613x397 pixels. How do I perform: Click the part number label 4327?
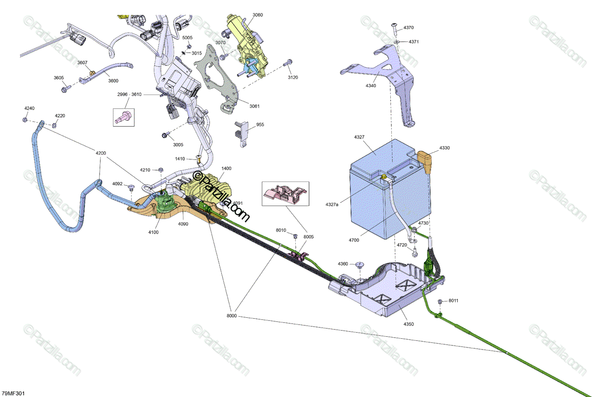pos(359,137)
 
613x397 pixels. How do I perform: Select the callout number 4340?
pos(371,86)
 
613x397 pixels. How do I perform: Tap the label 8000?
pos(231,316)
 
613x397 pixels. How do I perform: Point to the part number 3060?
pos(257,15)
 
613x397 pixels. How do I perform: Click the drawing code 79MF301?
pos(13,393)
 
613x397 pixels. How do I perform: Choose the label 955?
pos(260,125)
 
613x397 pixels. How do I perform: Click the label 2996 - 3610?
pos(130,95)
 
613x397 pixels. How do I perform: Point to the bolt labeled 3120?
pos(289,63)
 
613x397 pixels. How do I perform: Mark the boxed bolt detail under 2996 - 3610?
pos(123,117)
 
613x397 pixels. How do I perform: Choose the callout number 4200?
pos(100,153)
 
